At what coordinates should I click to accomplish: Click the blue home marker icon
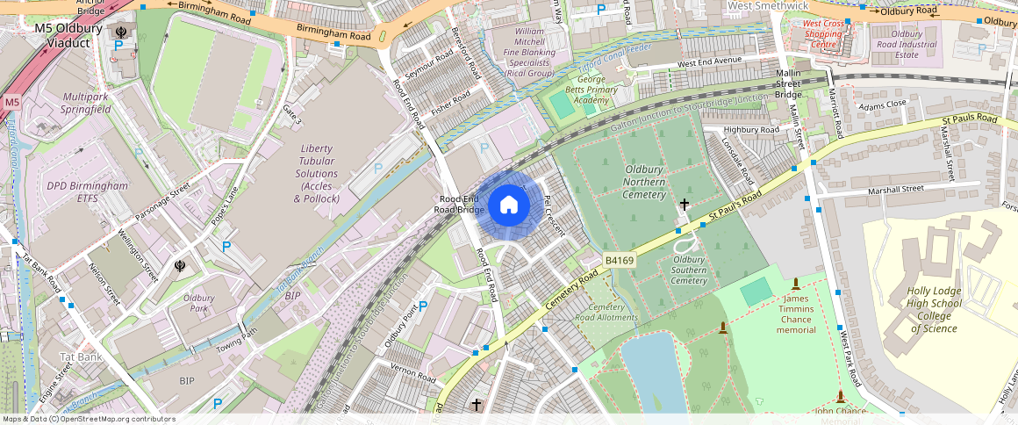(x=508, y=206)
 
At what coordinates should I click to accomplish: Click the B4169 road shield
(x=619, y=261)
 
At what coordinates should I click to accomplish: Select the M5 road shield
(x=11, y=103)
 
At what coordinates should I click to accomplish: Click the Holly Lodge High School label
(x=935, y=310)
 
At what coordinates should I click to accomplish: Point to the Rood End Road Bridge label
(x=459, y=205)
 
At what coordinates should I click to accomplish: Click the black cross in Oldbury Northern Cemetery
(x=684, y=205)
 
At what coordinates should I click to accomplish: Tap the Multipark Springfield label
(x=86, y=102)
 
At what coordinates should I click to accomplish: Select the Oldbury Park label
(x=199, y=303)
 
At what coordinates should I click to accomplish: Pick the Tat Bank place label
(x=81, y=357)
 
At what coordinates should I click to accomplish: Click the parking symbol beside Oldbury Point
(x=423, y=306)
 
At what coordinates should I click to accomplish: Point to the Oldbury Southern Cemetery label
(x=689, y=270)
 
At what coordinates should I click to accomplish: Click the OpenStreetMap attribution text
(x=90, y=419)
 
